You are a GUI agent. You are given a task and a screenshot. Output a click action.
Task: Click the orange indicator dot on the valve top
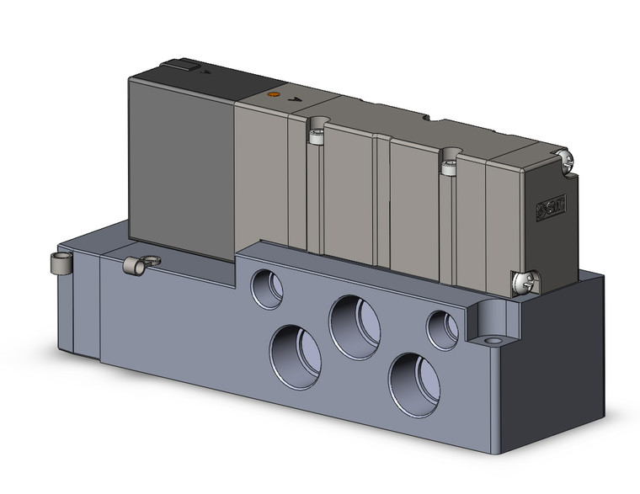tap(273, 96)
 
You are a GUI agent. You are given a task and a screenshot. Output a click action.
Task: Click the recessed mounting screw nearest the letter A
tap(317, 135)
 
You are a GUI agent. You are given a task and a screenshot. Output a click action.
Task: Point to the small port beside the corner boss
tap(442, 329)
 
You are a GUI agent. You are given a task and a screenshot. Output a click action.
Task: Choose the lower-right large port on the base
tap(414, 382)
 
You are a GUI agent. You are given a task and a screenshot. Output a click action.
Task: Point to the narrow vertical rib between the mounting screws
tap(383, 194)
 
